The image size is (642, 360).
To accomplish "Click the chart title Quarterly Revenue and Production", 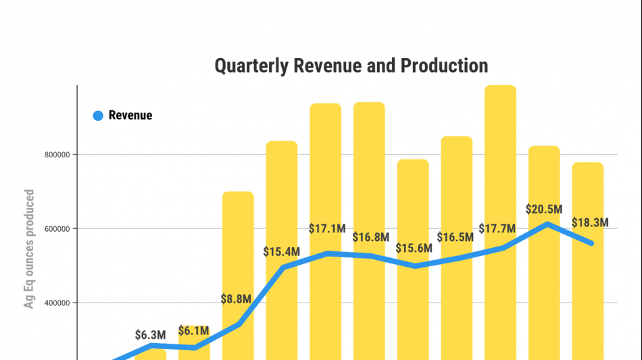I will pos(351,66).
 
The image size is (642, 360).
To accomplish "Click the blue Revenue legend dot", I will pos(98,115).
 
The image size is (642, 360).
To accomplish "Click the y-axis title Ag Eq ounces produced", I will pos(29,249).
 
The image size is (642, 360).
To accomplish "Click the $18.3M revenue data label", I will pos(590,223).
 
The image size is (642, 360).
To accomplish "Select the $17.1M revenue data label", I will pos(327,229).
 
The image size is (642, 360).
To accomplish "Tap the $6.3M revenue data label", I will pos(150,334).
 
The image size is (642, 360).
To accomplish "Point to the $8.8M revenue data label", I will pos(237,299).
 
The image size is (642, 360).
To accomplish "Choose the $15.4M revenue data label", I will pos(282,252).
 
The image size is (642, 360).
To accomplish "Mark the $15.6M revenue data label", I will pos(414,248).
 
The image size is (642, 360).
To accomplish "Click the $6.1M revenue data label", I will pos(194,331).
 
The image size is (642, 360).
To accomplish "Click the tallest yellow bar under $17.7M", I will pos(500,169).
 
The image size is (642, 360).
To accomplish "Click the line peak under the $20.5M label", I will pos(546,224).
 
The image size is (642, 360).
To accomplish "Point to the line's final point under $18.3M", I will pos(592,243).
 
